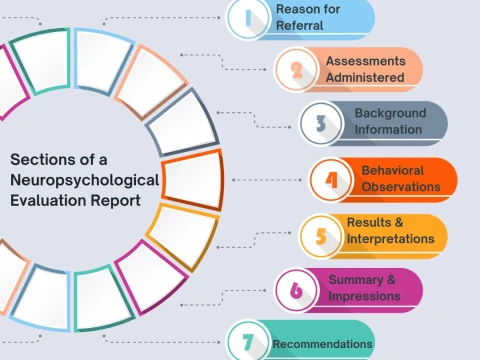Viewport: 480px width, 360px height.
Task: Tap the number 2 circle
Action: point(296,69)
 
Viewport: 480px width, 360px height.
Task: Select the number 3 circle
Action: point(321,123)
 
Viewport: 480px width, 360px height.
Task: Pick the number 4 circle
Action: point(331,180)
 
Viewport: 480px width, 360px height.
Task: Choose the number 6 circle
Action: point(296,290)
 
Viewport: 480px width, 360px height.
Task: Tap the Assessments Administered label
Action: point(364,69)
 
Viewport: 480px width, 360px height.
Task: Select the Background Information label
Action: point(389,122)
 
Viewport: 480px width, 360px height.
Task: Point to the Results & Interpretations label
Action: point(390,231)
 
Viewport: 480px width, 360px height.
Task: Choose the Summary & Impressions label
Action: point(364,287)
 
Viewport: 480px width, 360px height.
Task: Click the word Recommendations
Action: point(322,346)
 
